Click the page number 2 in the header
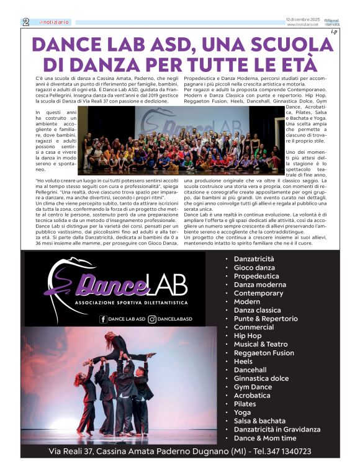[26, 22]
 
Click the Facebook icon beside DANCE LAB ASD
[103, 319]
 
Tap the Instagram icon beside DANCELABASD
[152, 319]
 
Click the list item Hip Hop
[248, 335]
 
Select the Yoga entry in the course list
[242, 412]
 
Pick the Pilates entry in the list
[246, 404]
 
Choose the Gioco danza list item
[254, 267]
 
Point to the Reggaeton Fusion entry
[264, 353]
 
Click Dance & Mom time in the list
[266, 438]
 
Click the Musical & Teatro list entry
[261, 344]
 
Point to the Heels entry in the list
[243, 361]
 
